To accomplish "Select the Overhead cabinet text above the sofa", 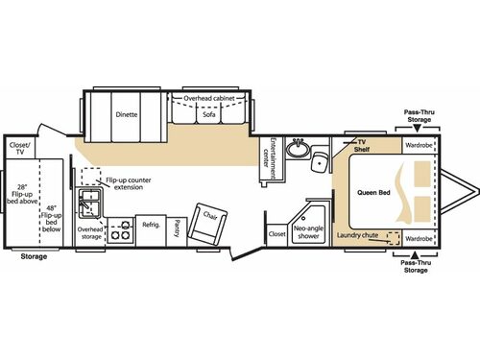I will (210, 97).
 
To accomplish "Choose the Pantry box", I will (178, 228).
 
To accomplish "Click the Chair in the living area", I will (207, 222).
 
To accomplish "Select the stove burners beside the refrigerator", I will (121, 231).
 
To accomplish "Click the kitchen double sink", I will (94, 204).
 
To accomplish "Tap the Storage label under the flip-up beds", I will (34, 256).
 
